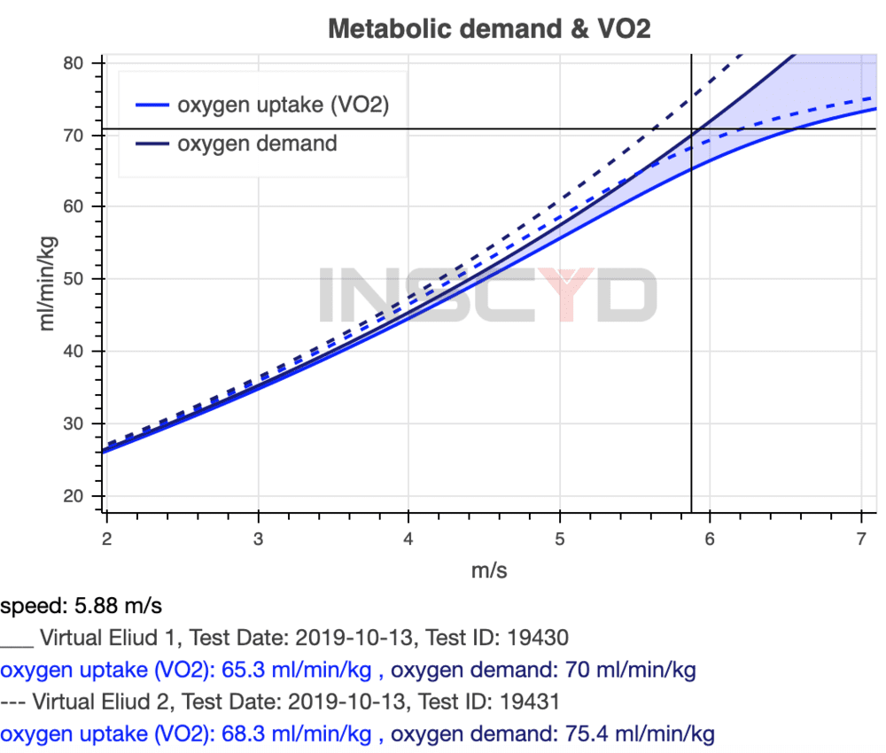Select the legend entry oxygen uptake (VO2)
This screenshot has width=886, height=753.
(284, 105)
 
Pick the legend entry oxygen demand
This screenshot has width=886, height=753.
(257, 144)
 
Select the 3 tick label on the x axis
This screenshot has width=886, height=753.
(258, 539)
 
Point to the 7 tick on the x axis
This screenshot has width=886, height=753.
(860, 539)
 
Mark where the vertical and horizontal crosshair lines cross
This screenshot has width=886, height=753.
(691, 129)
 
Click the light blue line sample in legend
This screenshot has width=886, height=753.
(152, 105)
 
